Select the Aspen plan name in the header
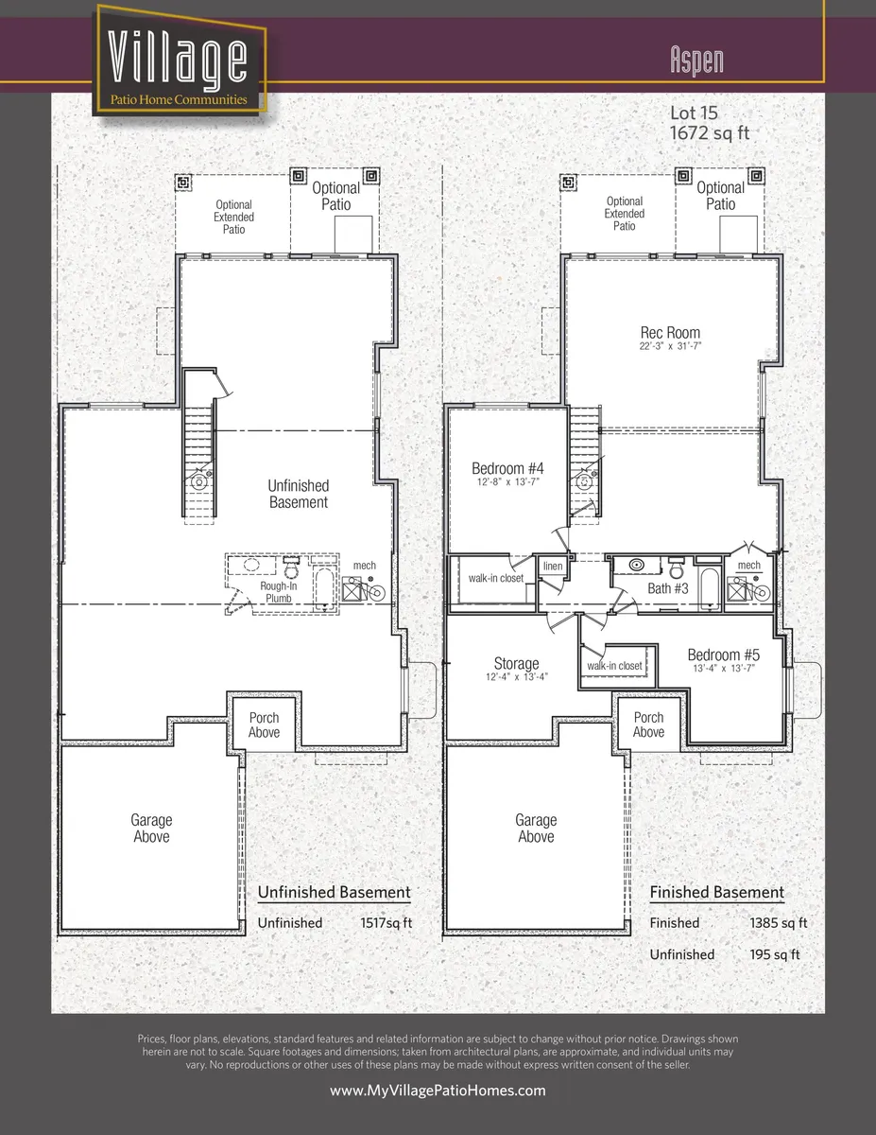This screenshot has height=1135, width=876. (x=696, y=60)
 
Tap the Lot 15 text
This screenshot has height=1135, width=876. (x=694, y=113)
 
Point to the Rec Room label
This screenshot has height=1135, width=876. (x=670, y=333)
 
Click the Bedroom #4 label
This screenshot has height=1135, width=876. (x=507, y=468)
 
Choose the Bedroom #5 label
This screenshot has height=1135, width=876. (x=723, y=655)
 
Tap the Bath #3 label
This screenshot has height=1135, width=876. (x=667, y=588)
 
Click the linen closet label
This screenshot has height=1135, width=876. (x=552, y=567)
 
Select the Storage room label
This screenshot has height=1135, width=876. (x=516, y=664)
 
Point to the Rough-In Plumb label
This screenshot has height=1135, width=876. (x=279, y=592)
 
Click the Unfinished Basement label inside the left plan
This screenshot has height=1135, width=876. (x=299, y=494)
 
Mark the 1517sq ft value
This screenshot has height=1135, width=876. (x=386, y=923)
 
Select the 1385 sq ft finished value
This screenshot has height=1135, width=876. (x=778, y=923)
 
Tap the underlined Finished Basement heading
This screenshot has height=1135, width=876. (x=716, y=893)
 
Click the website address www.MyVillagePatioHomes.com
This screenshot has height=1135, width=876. (x=438, y=1091)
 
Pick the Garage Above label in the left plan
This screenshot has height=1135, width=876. (x=151, y=829)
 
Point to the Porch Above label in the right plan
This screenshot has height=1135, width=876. (x=648, y=725)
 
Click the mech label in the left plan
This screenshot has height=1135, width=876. (x=365, y=567)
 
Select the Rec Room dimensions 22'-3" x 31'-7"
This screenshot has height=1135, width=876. (x=670, y=347)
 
